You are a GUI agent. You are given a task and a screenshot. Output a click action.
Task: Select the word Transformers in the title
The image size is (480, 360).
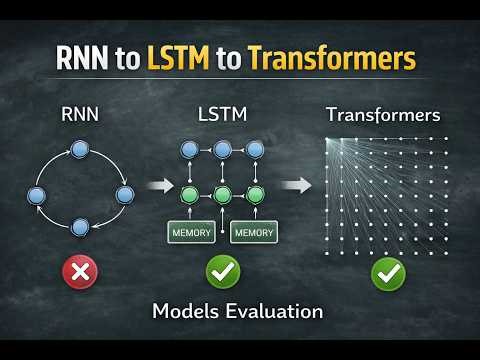click(x=330, y=59)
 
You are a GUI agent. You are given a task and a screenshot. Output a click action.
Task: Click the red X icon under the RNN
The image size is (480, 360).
click(x=81, y=273)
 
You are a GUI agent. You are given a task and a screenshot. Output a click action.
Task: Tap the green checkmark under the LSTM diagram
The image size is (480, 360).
click(x=223, y=273)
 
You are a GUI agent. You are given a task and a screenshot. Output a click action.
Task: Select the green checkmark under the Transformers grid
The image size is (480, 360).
click(x=388, y=273)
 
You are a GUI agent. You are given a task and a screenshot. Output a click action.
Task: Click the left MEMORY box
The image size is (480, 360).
click(x=191, y=233)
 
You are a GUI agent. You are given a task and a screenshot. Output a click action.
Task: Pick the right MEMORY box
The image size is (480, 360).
click(x=254, y=233)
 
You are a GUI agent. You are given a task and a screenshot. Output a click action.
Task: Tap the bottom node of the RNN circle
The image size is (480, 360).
click(x=81, y=226)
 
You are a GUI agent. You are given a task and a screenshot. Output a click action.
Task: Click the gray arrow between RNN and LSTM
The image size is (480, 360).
click(x=160, y=185)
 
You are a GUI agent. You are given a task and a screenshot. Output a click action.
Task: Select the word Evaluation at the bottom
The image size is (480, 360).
click(x=275, y=311)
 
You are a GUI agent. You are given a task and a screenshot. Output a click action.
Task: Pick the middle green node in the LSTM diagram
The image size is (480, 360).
click(x=223, y=194)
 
